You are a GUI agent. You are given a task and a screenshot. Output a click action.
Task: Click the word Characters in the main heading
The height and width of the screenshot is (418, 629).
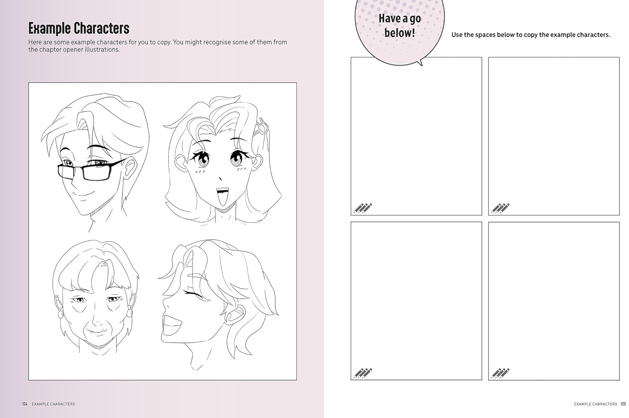click(101, 28)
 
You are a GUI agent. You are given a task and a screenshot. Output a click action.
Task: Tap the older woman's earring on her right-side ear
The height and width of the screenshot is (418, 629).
click(130, 313)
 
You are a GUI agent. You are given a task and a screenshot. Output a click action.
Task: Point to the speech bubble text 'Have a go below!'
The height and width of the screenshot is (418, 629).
click(400, 26)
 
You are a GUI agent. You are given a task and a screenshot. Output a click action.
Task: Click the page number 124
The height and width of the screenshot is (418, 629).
click(25, 404)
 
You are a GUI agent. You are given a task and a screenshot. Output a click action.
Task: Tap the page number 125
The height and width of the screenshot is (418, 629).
click(623, 404)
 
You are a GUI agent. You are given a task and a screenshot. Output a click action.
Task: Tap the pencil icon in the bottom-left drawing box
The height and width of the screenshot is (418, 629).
click(363, 374)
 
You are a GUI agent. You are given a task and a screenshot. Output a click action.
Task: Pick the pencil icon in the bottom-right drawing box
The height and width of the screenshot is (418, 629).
click(500, 374)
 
